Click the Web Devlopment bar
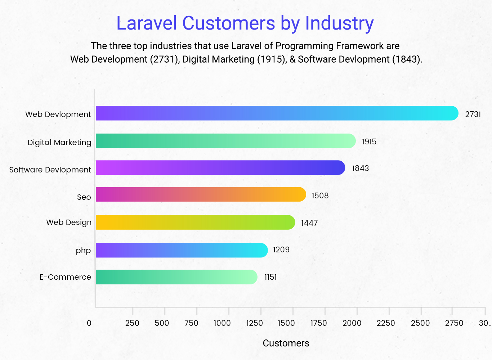(277, 113)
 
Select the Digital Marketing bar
(225, 141)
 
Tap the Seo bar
(201, 194)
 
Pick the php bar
(182, 250)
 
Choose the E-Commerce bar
(176, 277)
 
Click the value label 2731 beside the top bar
(473, 114)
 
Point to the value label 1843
(360, 168)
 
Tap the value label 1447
(309, 223)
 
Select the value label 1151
(270, 277)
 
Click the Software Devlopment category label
(50, 170)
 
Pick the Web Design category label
(69, 222)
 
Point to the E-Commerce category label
(65, 277)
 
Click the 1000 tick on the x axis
(222, 323)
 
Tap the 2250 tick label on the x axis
(386, 323)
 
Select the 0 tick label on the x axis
(89, 323)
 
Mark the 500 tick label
(162, 323)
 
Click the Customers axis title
(286, 343)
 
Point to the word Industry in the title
(339, 23)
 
